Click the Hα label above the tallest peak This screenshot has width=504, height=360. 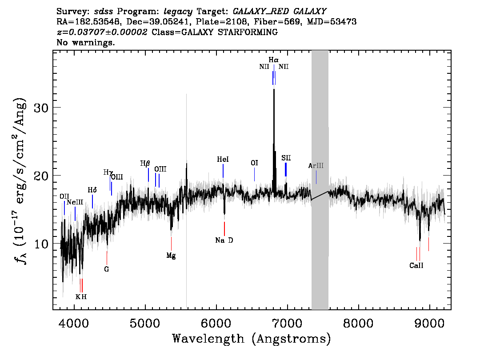(273, 60)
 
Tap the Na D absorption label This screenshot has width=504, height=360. (224, 240)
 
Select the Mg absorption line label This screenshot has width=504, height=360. (171, 256)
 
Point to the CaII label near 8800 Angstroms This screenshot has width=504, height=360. (416, 265)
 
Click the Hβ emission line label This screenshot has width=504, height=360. (145, 163)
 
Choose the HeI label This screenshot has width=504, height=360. (223, 159)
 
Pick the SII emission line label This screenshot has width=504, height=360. (286, 158)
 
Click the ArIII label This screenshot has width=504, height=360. (316, 165)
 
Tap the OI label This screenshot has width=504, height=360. (254, 163)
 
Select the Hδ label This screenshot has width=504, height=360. (92, 190)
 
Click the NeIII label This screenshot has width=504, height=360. (75, 202)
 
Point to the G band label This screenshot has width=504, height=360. (107, 269)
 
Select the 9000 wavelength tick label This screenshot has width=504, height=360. (429, 323)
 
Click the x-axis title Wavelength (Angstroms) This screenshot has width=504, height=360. (252, 339)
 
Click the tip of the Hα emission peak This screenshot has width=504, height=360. (274, 89)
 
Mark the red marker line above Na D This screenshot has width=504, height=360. (224, 229)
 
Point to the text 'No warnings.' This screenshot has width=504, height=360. (85, 42)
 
